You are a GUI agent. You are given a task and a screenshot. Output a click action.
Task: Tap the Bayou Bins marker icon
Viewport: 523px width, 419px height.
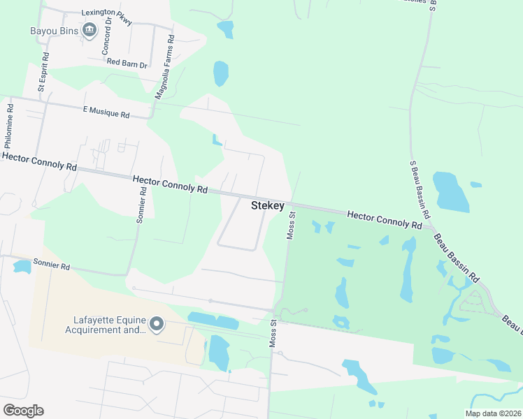[89, 29]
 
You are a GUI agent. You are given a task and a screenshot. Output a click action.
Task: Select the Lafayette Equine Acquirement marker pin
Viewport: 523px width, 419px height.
[157, 324]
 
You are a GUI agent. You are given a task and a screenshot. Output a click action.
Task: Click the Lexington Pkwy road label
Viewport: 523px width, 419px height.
[107, 13]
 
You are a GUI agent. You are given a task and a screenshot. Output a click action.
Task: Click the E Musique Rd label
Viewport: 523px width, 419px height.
[106, 112]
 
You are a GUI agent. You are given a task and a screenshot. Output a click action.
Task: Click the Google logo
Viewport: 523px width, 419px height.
[23, 410]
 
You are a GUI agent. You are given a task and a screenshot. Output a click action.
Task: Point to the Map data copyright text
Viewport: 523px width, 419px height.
[492, 413]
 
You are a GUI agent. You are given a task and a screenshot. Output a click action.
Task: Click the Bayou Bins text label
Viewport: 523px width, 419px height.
[53, 31]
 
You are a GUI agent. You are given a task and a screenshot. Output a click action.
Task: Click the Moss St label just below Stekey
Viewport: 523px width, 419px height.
[292, 228]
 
